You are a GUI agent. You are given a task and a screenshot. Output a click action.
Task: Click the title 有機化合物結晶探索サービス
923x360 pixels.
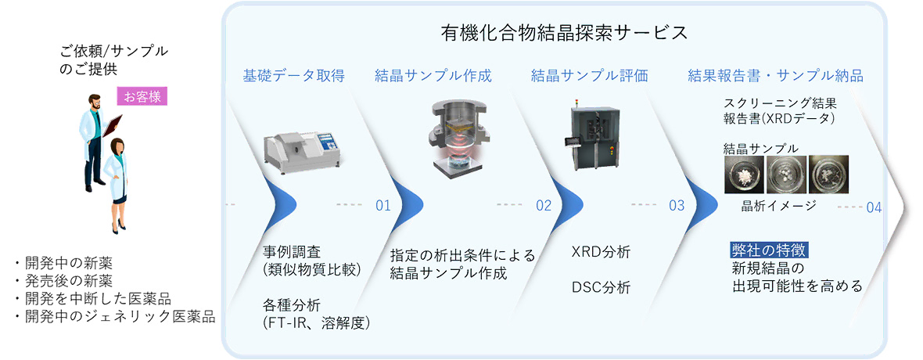pyautogui.click(x=564, y=33)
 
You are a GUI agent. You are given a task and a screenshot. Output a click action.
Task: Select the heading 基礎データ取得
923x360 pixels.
pyautogui.click(x=293, y=76)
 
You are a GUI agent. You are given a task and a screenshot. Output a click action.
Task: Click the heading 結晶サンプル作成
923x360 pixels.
pyautogui.click(x=433, y=76)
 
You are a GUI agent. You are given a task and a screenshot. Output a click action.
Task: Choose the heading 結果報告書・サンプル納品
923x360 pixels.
pyautogui.click(x=775, y=76)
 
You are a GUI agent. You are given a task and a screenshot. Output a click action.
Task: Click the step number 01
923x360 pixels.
pyautogui.click(x=382, y=207)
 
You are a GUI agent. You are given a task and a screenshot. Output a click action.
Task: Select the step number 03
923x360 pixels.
pyautogui.click(x=677, y=207)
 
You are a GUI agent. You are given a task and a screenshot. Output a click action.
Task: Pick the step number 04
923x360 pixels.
pyautogui.click(x=874, y=207)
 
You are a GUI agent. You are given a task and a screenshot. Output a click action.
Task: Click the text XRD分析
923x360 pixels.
pyautogui.click(x=601, y=253)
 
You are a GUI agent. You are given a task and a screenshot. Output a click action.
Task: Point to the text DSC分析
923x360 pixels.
pyautogui.click(x=601, y=287)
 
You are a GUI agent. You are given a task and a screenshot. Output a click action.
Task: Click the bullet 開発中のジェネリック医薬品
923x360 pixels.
pyautogui.click(x=114, y=316)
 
